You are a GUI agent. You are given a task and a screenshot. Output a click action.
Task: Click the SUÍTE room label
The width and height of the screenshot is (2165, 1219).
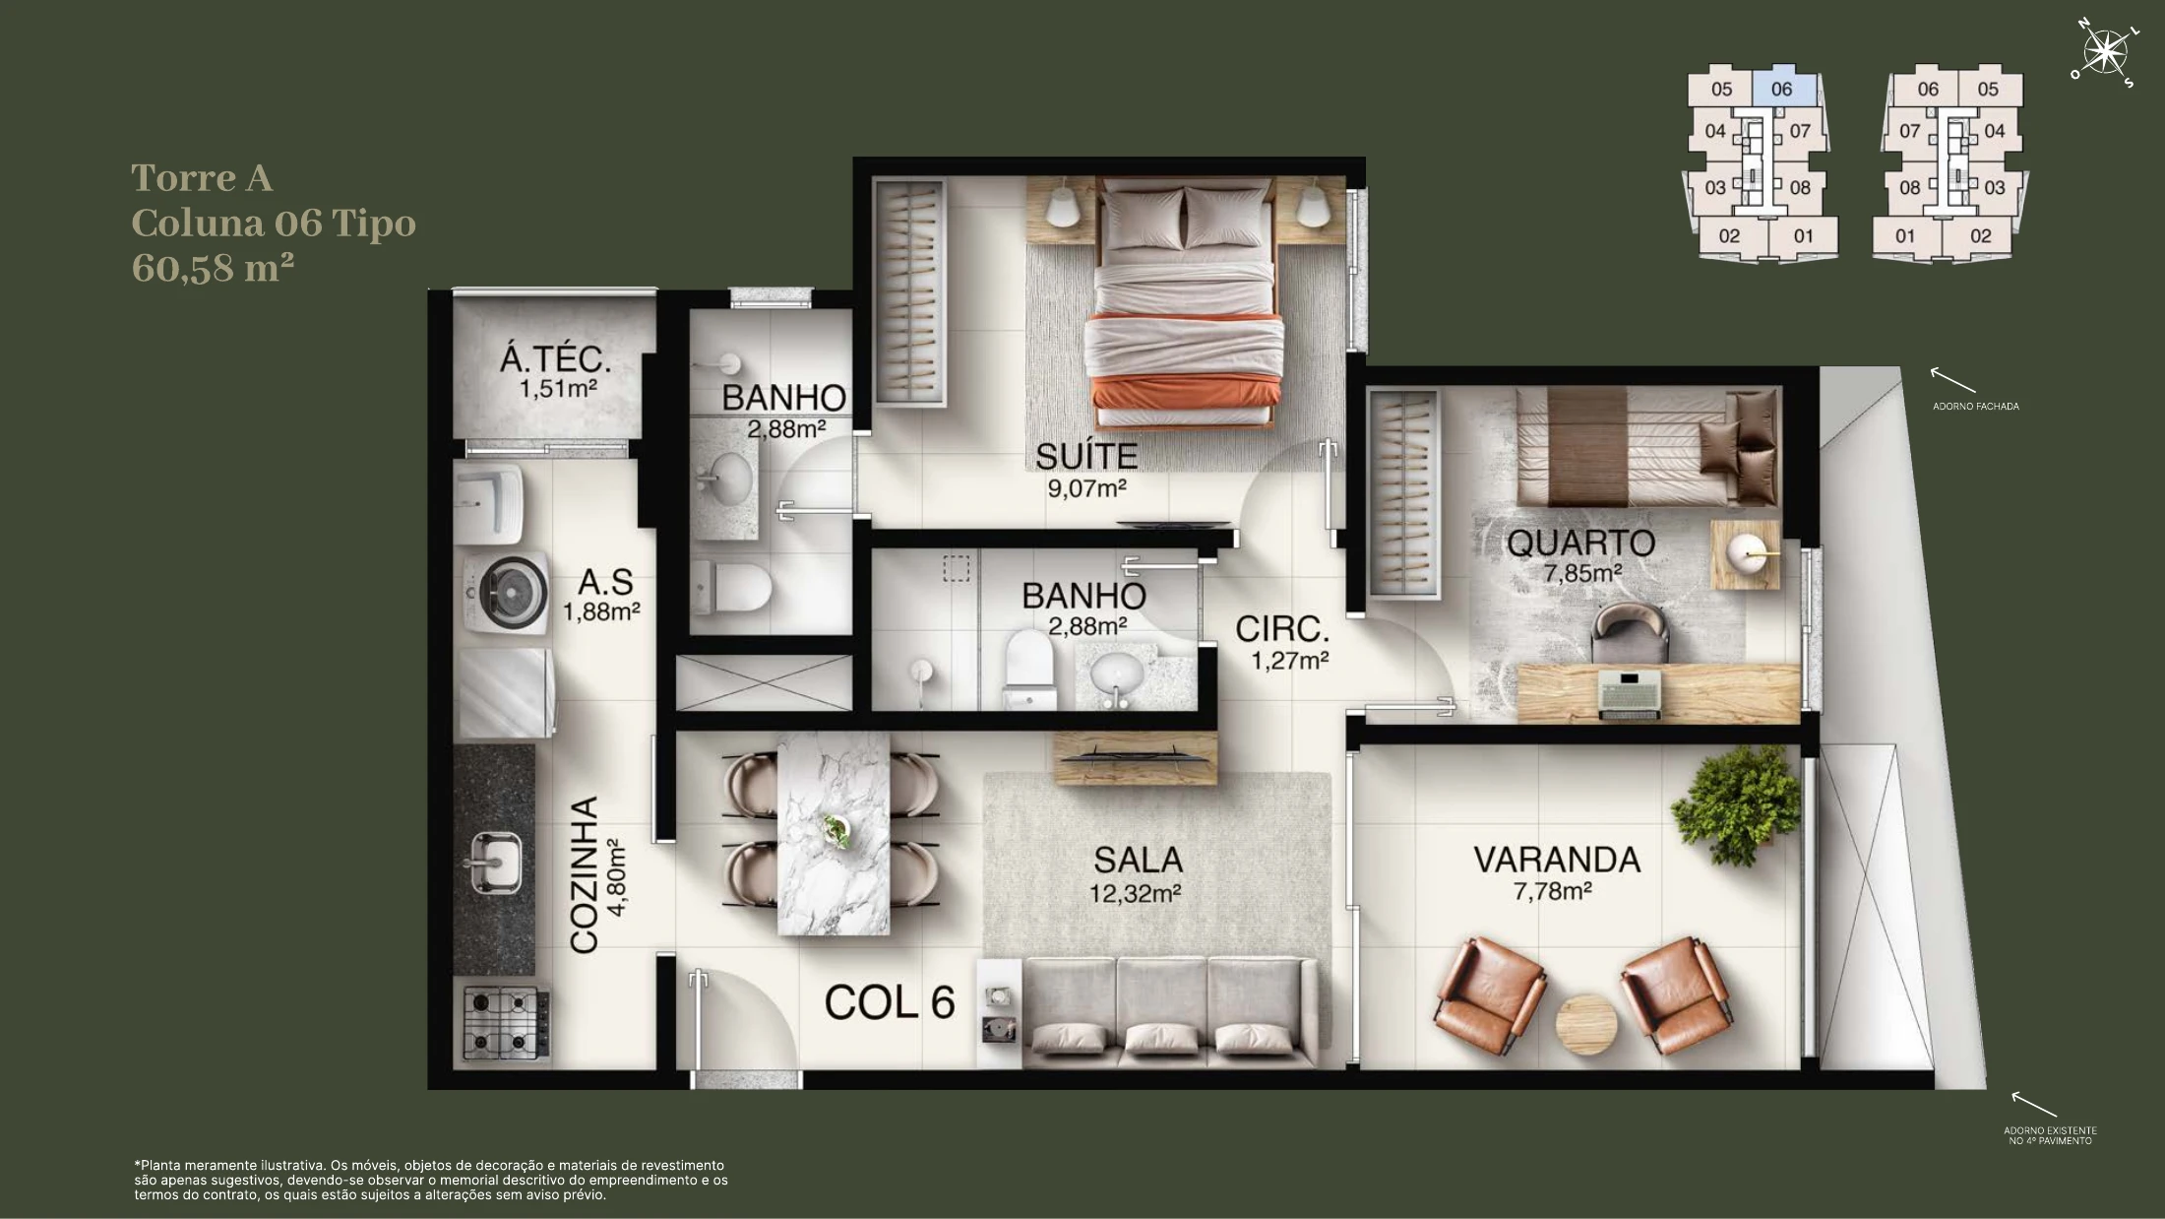point(1086,456)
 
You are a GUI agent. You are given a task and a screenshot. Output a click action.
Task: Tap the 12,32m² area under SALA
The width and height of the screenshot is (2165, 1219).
point(1135,894)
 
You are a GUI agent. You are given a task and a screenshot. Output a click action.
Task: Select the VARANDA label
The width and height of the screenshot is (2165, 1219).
point(1557,860)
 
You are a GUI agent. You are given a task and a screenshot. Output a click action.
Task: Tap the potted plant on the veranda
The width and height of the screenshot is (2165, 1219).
point(1739,803)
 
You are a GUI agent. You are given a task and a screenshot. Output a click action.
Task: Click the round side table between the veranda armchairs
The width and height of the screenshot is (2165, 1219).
point(1586,1026)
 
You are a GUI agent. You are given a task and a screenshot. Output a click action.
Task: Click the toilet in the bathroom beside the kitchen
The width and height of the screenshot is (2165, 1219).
point(730,588)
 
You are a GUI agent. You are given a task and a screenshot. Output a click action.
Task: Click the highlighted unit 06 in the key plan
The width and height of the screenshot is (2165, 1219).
point(1781,89)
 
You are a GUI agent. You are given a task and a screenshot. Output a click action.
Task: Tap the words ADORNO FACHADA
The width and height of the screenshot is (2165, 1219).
point(1975,406)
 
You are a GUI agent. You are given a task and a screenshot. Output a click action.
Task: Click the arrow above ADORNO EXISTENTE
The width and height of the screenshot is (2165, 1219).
point(2033,1105)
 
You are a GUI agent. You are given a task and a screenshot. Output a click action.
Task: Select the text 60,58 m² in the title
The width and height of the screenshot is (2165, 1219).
point(213,268)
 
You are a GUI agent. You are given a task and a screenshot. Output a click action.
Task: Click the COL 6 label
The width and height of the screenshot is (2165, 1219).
point(890,1002)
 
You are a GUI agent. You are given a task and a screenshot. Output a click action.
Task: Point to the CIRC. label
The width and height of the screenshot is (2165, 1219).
point(1282,629)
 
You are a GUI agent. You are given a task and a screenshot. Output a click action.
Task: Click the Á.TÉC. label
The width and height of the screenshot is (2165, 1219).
point(555,359)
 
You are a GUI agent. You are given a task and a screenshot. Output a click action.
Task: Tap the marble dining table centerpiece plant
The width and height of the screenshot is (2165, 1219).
point(836,830)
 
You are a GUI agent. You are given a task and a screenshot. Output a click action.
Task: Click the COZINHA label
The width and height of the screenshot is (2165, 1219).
point(585,874)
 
